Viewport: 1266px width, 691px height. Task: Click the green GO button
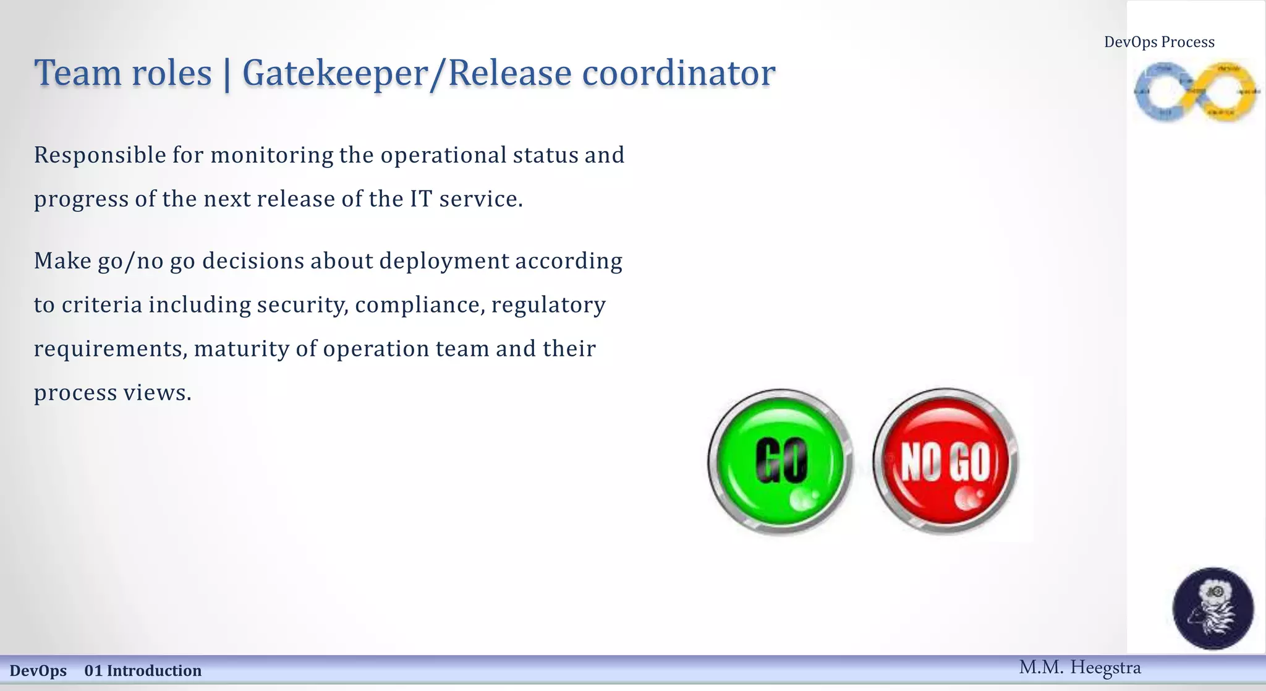781,461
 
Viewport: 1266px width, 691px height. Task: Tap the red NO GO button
946,461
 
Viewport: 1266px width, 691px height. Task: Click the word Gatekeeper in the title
334,73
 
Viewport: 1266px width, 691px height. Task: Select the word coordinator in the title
678,73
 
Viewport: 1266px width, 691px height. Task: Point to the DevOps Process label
1159,42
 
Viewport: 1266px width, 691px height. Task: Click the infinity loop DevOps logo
1196,92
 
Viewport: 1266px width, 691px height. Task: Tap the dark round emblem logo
1213,608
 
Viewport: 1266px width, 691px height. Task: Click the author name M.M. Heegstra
1079,667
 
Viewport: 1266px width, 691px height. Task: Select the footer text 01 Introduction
143,671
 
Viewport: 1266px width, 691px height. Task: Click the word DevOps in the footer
38,671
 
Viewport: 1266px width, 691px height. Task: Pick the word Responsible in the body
100,155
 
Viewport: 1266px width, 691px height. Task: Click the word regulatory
548,305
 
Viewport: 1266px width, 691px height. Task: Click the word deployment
444,261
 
